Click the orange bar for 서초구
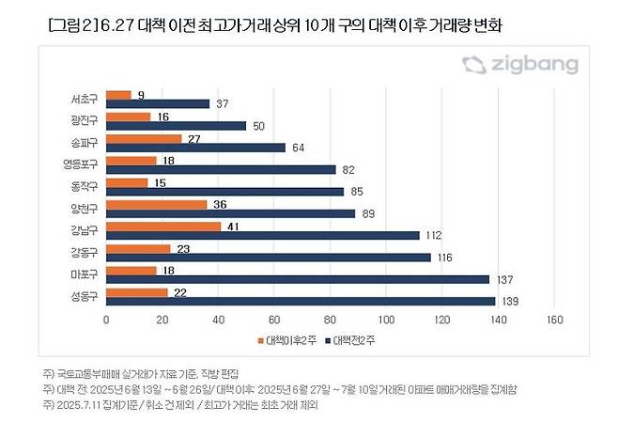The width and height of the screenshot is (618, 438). (x=119, y=95)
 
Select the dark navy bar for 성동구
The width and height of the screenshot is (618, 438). (x=301, y=301)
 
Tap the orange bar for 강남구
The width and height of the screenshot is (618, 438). (x=164, y=227)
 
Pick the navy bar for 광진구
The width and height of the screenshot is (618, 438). (x=177, y=125)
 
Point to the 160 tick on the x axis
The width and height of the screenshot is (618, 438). (x=554, y=321)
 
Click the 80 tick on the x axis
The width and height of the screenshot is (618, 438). (x=331, y=321)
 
